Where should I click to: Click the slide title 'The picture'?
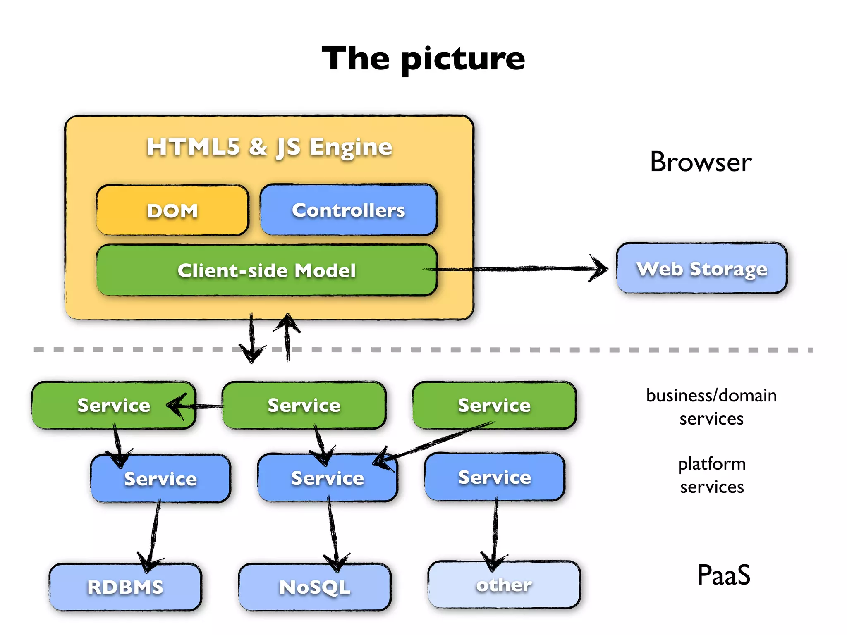423,59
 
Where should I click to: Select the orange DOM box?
172,210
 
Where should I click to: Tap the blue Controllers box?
348,210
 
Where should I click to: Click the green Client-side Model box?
266,270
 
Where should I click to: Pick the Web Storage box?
701,268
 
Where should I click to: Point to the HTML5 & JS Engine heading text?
269,147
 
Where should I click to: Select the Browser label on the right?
701,162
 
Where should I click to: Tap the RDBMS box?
125,587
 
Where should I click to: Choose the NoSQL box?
314,587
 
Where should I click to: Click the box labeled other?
504,585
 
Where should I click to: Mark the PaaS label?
723,575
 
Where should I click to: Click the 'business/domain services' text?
711,407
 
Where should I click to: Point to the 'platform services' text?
712,475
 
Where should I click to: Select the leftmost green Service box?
113,405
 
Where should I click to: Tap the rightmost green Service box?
494,405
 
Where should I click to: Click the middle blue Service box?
327,478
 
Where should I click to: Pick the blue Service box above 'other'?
494,477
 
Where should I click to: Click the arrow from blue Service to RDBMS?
154,533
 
